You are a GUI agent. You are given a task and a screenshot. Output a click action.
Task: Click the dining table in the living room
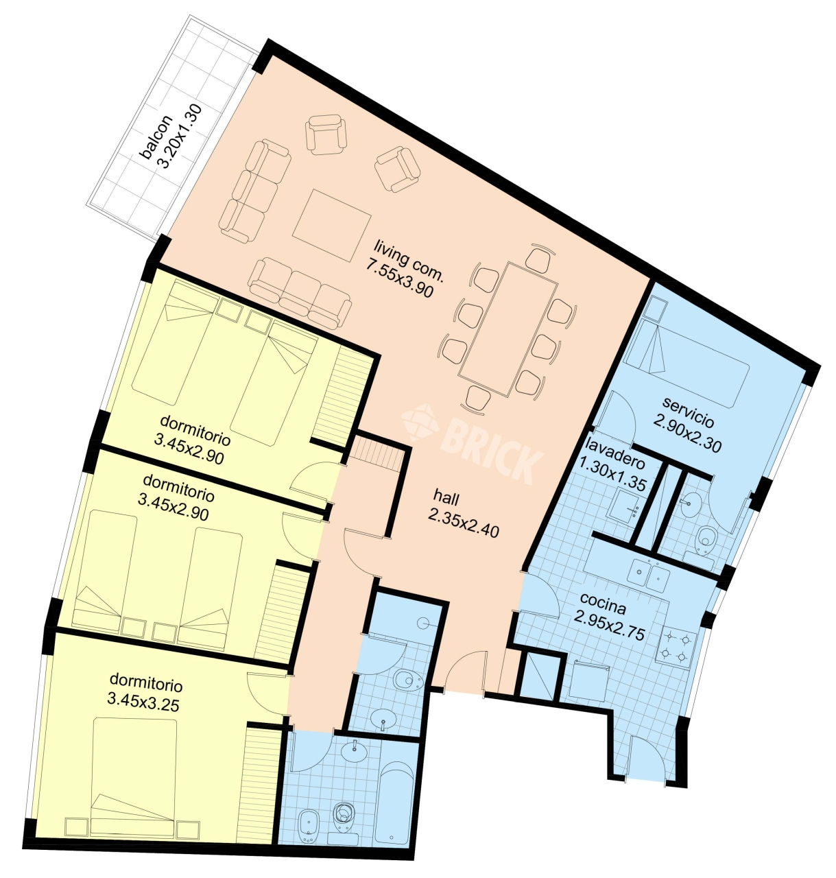[507, 329]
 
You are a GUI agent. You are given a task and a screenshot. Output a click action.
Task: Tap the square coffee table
[331, 227]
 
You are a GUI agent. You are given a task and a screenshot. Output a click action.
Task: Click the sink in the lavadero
[625, 504]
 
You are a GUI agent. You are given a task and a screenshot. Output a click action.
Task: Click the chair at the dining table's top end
[539, 259]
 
